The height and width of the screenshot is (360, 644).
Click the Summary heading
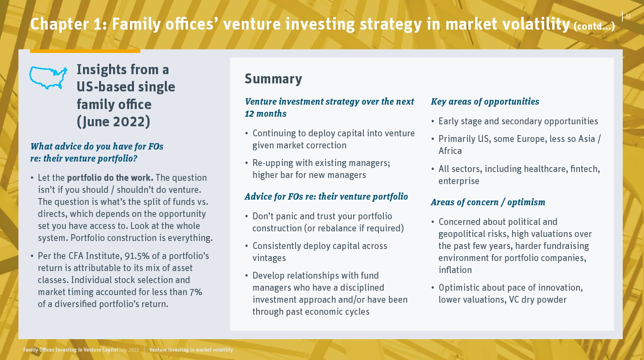[273, 79]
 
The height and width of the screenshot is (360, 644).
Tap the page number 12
[628, 16]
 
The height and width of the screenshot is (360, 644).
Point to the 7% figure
[196, 292]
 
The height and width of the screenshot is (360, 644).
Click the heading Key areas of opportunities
[485, 102]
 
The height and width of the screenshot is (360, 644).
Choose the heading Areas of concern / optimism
[488, 202]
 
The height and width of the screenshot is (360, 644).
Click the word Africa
[450, 151]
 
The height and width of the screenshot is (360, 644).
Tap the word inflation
[455, 270]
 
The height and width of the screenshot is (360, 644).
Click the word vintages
[269, 258]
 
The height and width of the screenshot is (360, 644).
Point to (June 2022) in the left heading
[113, 122]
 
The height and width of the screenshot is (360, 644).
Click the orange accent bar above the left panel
[85, 51]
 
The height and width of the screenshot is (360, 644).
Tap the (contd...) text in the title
[594, 26]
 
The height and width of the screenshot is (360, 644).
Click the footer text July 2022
[129, 350]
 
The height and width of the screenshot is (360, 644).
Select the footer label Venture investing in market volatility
[191, 350]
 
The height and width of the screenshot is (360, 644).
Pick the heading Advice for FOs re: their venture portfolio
[326, 197]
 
